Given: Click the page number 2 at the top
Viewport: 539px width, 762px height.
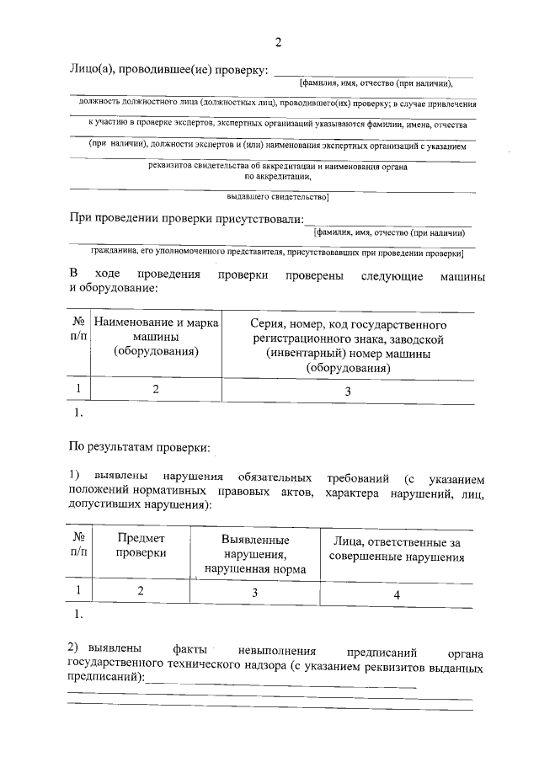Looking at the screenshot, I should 277,42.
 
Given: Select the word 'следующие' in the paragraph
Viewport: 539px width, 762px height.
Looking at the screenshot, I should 389,275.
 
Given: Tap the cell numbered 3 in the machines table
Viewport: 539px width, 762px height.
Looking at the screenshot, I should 348,391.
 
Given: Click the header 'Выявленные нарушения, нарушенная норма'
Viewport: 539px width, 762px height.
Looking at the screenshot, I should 255,555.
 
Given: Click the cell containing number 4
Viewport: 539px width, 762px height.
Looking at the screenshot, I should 396,594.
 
